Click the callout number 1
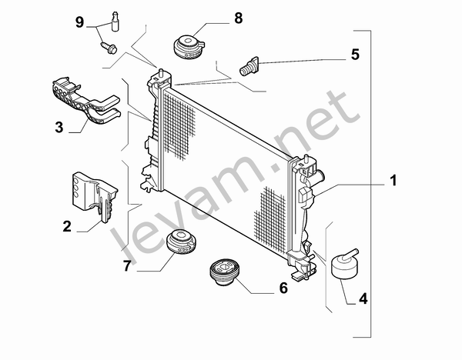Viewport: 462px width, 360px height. point(392,182)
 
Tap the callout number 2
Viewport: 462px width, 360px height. point(67,226)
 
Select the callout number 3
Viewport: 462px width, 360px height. point(59,127)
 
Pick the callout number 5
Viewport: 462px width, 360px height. point(355,55)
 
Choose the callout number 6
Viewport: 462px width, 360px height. point(282,288)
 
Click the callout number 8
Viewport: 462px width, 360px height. point(238,16)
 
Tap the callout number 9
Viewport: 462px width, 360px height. point(79,21)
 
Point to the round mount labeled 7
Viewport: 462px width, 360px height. point(182,242)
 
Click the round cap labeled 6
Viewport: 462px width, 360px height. point(223,273)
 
